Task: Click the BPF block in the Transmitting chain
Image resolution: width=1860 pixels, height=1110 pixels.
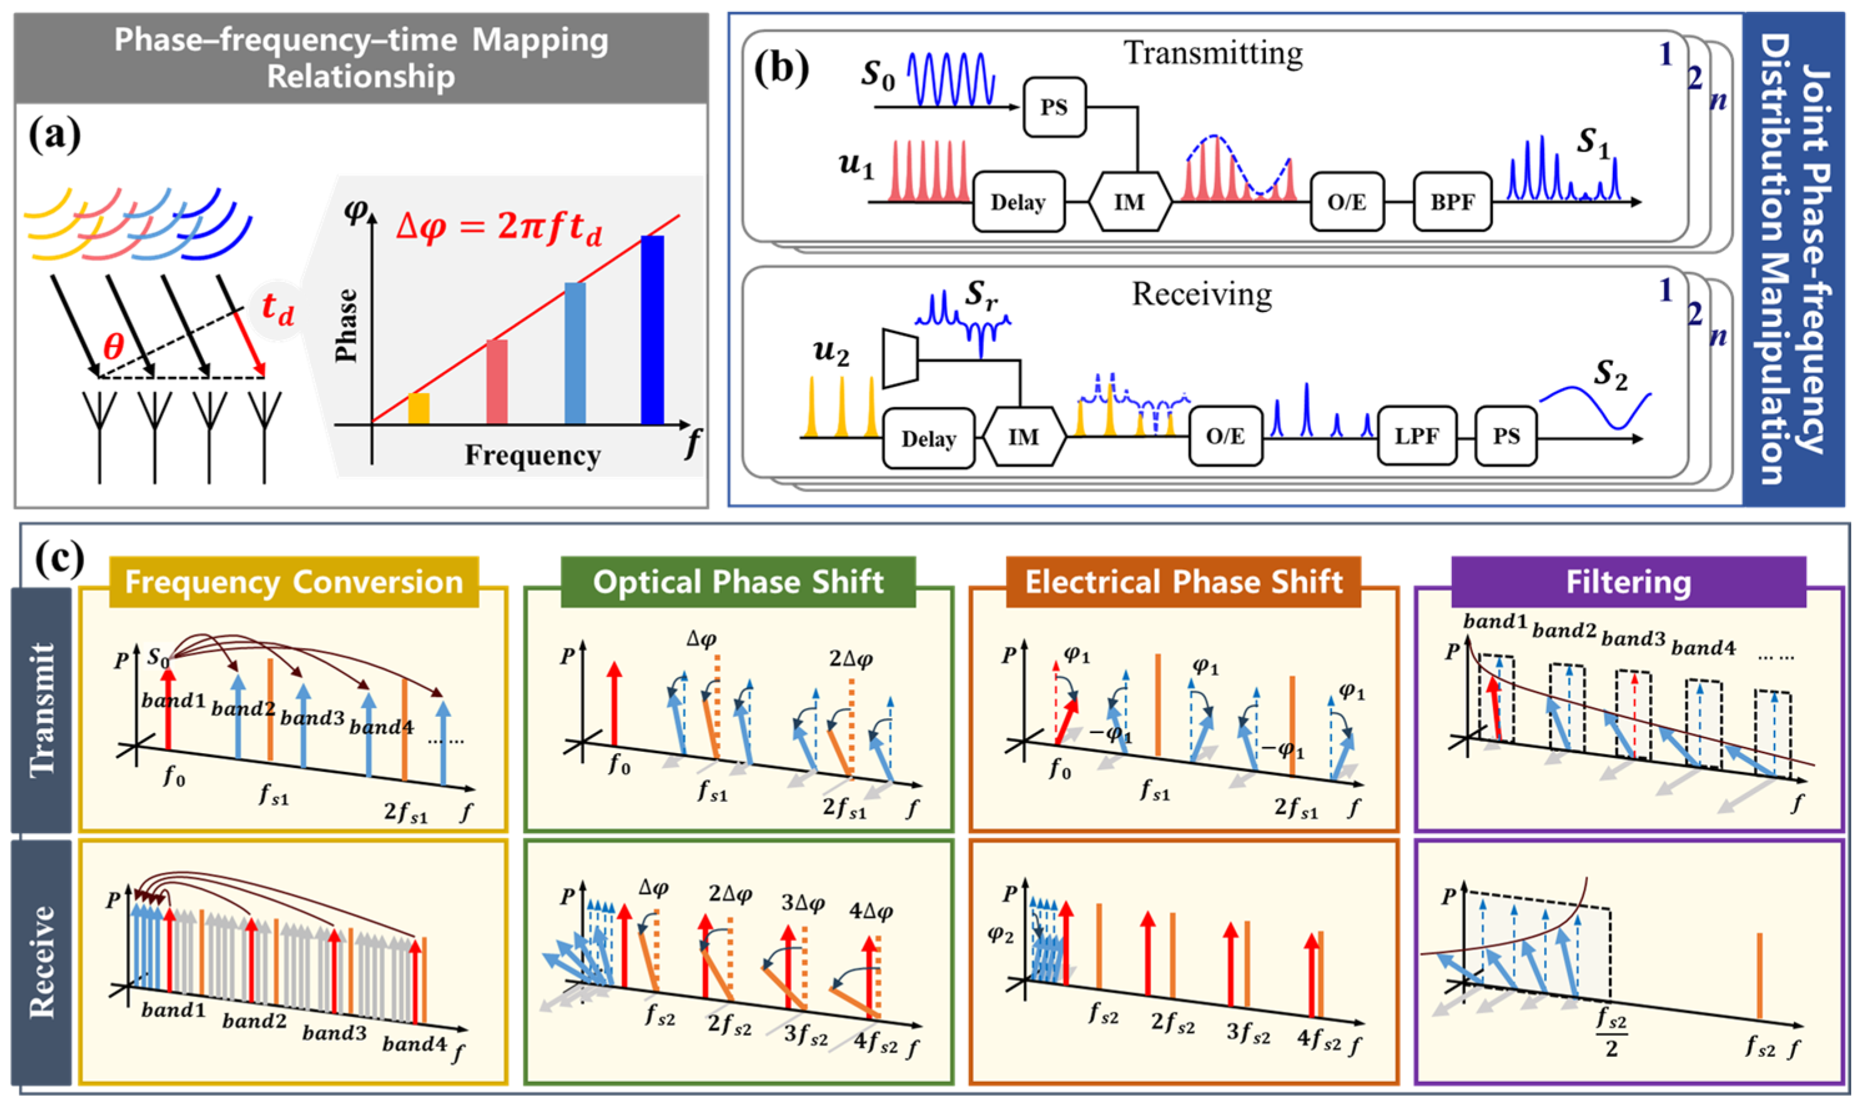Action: coord(1452,202)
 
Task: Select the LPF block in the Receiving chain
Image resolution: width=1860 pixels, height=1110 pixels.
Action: coord(1416,437)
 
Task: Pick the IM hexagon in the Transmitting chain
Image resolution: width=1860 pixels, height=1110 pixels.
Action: coord(1129,202)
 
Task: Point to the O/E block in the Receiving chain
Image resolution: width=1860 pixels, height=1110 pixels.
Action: coord(1225,437)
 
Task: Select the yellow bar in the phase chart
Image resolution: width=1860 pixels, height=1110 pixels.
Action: coord(419,409)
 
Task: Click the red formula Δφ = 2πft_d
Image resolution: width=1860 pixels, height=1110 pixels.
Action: coord(499,225)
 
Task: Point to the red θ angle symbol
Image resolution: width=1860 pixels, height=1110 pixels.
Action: coord(114,346)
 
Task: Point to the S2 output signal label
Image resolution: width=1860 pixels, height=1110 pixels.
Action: coord(1610,374)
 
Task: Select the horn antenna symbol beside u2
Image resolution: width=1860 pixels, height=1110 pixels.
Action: coord(900,358)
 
